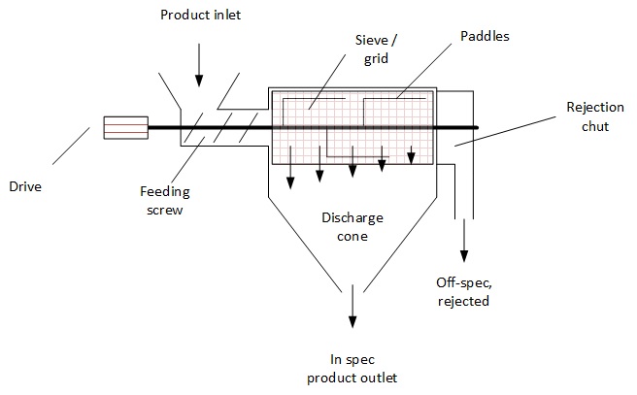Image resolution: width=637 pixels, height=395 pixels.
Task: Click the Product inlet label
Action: [201, 15]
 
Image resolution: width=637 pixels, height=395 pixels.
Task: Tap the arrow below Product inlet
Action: [199, 65]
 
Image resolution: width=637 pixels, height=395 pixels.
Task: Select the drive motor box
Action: [126, 128]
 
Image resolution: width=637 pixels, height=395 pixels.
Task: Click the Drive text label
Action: [25, 186]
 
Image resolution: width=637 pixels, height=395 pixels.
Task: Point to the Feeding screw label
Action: [165, 201]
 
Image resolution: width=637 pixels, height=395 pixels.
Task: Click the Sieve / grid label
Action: [376, 49]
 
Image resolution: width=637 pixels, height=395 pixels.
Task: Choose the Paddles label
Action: [485, 36]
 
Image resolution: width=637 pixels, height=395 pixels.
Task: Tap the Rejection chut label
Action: [595, 116]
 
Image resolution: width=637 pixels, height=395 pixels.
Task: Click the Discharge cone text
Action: [352, 227]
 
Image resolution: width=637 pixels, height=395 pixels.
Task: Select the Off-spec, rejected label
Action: [463, 291]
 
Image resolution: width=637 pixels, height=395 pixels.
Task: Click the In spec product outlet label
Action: [352, 369]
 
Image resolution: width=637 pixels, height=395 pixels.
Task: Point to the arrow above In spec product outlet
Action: [352, 306]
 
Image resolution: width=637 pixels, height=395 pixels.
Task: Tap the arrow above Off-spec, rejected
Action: [464, 241]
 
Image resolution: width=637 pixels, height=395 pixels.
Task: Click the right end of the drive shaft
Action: [478, 127]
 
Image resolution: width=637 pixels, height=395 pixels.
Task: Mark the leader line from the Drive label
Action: [71, 147]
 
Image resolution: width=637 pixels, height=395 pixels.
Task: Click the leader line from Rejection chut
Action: [505, 132]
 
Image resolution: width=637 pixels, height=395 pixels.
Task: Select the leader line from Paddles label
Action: [423, 71]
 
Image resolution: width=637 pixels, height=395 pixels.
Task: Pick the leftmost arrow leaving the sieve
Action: [290, 167]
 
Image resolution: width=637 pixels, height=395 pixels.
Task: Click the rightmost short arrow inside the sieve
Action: [411, 155]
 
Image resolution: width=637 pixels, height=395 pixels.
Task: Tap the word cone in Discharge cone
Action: [352, 236]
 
